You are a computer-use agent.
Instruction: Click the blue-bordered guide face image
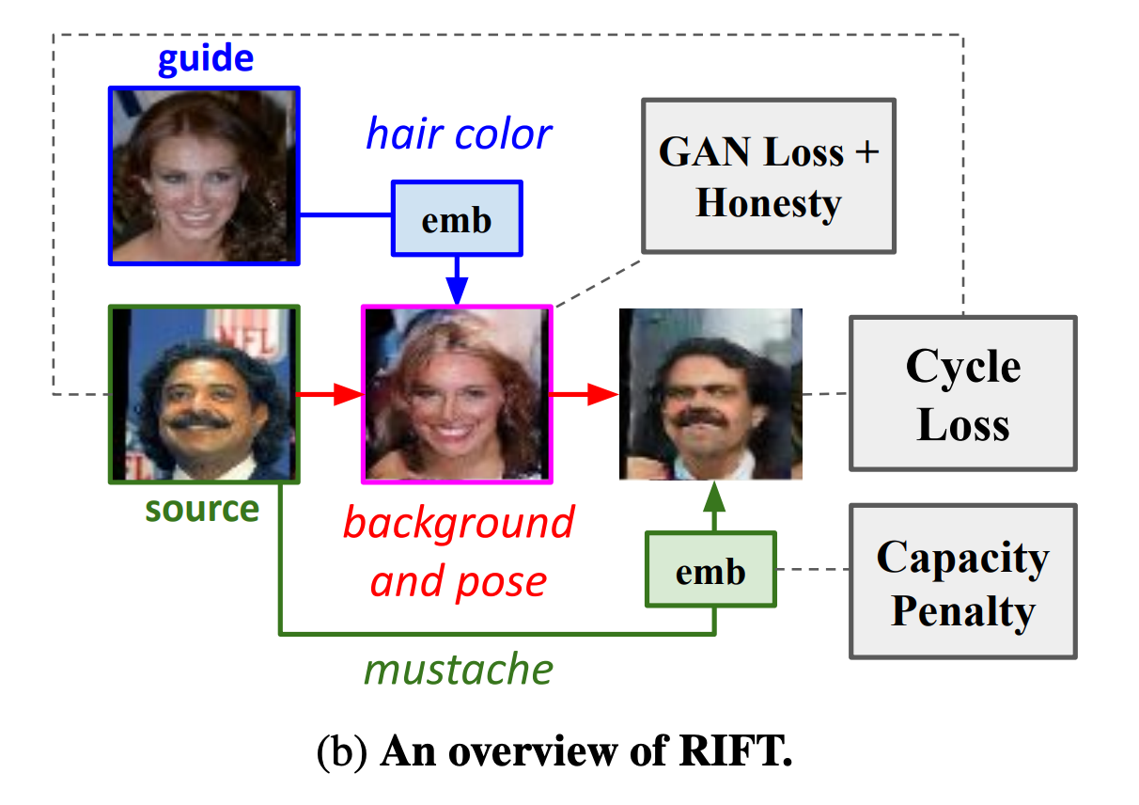[205, 175]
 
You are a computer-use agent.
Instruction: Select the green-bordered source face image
[205, 393]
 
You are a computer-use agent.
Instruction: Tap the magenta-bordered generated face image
[458, 393]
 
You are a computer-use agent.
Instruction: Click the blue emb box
[456, 220]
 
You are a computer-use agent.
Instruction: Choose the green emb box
[711, 570]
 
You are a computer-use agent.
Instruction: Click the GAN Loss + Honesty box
[769, 176]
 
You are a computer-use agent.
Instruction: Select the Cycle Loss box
[963, 393]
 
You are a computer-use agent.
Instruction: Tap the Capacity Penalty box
[963, 582]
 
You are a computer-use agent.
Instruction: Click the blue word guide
[205, 59]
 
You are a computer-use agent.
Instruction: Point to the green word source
[202, 509]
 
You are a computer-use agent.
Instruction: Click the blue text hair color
[459, 134]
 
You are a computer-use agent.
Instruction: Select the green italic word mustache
[459, 669]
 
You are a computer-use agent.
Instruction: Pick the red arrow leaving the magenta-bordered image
[584, 395]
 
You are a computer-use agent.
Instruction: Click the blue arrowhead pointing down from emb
[457, 292]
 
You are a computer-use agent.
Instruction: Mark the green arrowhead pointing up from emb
[711, 496]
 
